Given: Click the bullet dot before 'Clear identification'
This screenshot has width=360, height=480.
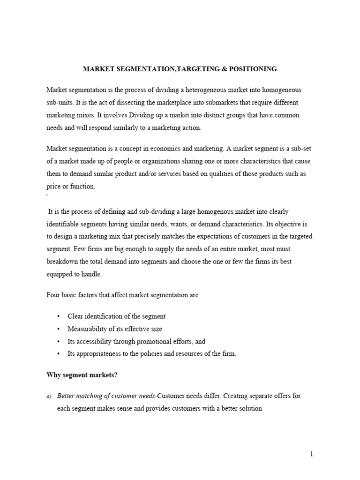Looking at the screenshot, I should pos(58,316).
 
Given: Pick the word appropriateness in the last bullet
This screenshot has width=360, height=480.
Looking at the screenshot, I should pos(100,354).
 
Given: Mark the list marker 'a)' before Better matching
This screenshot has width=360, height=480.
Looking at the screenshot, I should pos(49,396).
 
